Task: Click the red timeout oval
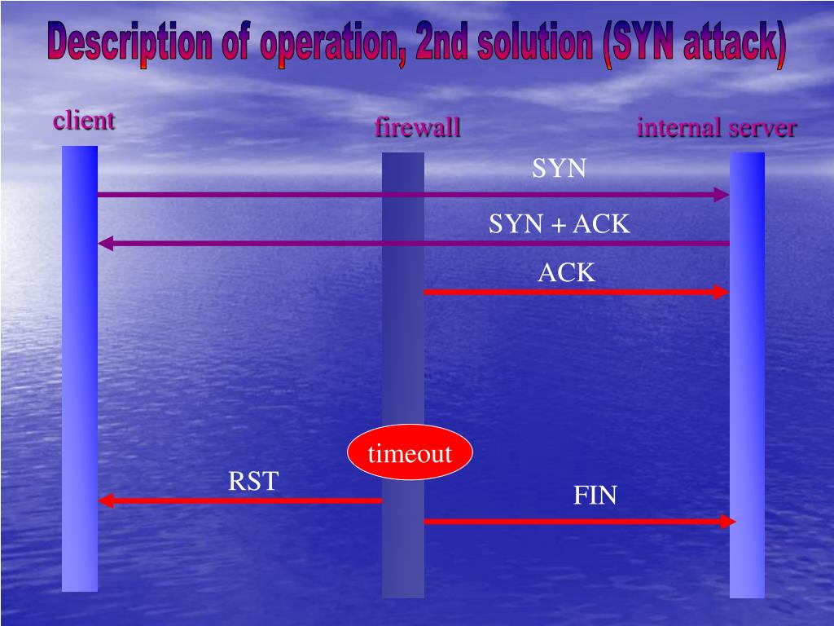(410, 452)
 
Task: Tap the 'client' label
(84, 121)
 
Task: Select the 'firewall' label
(418, 128)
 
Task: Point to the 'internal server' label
(717, 128)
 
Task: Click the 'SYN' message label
(559, 169)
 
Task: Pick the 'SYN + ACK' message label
(559, 224)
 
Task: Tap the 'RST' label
(253, 482)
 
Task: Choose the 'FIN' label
(595, 495)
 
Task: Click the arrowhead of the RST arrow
(105, 500)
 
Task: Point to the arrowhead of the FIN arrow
(730, 521)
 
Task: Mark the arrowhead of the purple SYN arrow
(722, 195)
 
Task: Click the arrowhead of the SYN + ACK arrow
(104, 243)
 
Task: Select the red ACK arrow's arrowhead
(721, 292)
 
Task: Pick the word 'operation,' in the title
(335, 46)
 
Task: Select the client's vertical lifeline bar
(80, 367)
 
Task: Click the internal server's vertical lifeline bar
(747, 375)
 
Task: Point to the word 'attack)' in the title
(734, 46)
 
